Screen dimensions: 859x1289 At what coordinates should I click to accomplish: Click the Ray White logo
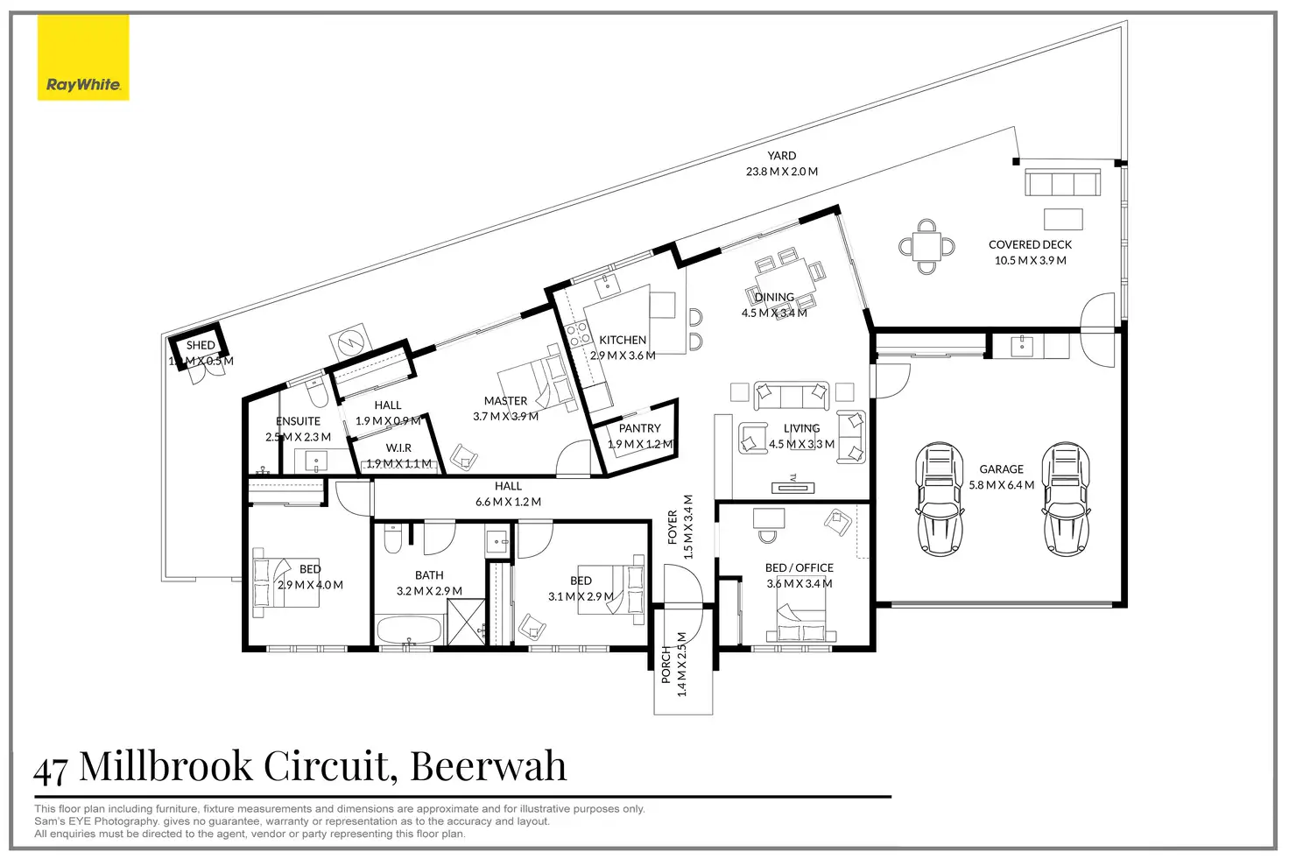83,58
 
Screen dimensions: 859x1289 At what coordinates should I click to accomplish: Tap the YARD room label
781,156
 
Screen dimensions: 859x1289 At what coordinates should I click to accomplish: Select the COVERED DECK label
1030,245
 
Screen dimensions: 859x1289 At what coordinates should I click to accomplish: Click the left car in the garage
939,499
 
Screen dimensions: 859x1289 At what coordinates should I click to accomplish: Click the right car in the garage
1066,499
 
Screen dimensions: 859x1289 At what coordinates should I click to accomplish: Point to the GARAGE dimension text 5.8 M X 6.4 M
1001,485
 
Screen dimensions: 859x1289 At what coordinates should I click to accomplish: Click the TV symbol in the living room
792,487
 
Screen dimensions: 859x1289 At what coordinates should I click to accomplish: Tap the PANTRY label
639,428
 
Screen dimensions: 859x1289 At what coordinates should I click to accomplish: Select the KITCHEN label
623,340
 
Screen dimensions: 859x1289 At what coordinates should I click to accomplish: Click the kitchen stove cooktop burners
577,334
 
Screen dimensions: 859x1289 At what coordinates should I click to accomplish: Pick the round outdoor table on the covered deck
926,246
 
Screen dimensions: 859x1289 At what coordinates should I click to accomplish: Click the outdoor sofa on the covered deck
1062,183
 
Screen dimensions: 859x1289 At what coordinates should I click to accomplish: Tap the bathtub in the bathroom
410,629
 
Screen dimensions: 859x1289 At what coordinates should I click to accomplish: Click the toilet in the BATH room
392,540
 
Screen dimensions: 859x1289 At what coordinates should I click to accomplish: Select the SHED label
201,345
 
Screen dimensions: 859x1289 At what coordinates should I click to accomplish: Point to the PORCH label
666,665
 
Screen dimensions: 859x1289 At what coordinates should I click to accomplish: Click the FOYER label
673,527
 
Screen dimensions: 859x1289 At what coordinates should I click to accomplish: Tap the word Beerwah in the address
488,767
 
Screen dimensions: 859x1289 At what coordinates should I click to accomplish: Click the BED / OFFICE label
799,567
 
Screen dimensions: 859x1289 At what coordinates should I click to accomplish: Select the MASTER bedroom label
505,401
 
